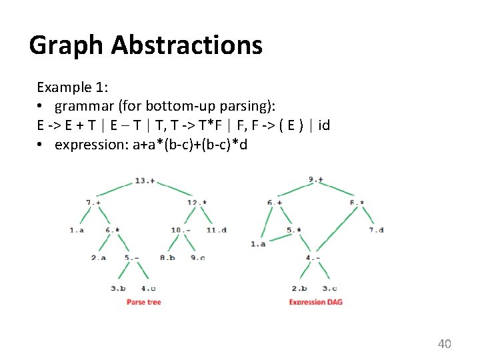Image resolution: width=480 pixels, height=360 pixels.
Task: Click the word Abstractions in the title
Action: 187,45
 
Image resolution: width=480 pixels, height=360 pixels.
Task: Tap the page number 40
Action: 444,344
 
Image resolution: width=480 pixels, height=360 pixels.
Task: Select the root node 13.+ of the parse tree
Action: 145,181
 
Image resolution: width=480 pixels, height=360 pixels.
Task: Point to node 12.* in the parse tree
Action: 197,202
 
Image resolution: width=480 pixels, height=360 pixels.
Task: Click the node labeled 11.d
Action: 216,230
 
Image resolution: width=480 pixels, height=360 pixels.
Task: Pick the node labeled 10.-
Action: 181,230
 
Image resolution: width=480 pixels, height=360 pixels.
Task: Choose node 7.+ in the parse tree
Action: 93,202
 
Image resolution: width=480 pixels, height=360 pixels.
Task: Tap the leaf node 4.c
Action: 149,289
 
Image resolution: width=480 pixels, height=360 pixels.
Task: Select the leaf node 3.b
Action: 118,289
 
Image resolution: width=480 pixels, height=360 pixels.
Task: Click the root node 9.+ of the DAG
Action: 316,179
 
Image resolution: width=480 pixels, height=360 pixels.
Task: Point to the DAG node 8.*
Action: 356,202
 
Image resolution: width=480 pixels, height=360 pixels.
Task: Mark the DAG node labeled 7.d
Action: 376,230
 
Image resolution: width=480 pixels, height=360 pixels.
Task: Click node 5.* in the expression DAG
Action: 295,230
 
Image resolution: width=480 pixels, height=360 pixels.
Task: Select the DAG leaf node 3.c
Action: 329,289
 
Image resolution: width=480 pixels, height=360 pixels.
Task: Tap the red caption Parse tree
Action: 144,303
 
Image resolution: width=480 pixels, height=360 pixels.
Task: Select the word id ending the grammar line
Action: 324,125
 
